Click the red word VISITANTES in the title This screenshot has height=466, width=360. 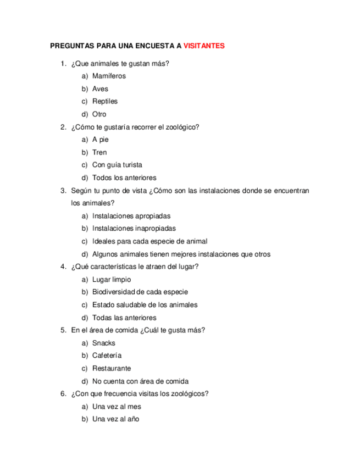[204, 46]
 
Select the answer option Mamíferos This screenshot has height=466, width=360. [109, 76]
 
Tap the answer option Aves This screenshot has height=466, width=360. [100, 88]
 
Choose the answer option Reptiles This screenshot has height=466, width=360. [104, 101]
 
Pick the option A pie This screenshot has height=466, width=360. [101, 140]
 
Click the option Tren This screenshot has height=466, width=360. [99, 152]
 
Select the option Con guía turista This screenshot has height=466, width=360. [117, 165]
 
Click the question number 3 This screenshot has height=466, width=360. [63, 191]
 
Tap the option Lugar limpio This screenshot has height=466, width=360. [112, 280]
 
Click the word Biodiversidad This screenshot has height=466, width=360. [114, 292]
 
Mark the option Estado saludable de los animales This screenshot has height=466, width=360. [145, 305]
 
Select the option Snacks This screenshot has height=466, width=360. [103, 343]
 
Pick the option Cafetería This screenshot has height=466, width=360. [107, 356]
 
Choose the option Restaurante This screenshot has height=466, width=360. [112, 368]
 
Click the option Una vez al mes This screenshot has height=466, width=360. [117, 407]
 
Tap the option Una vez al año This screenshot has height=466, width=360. [115, 419]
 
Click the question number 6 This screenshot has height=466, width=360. [63, 394]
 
